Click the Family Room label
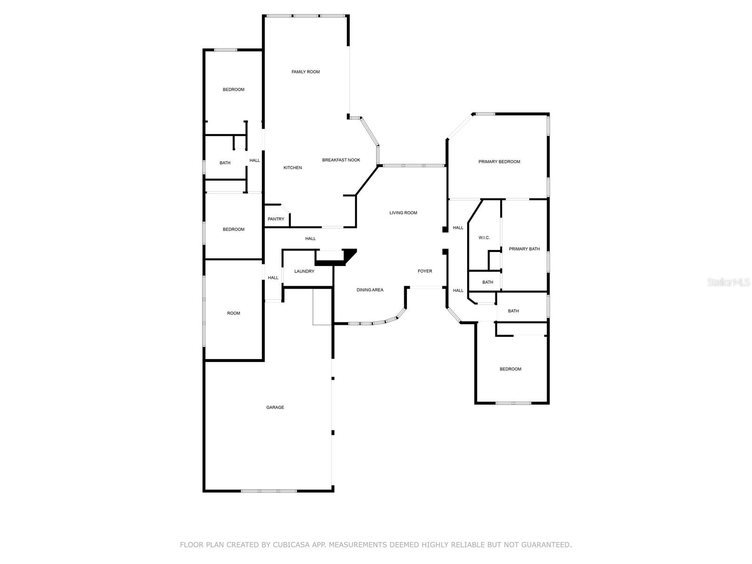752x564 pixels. click(x=305, y=72)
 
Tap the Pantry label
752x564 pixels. click(x=276, y=219)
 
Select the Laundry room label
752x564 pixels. click(x=304, y=271)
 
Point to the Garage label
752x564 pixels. click(x=275, y=407)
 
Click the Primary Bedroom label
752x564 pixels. click(x=499, y=162)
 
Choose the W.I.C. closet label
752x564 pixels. click(x=484, y=238)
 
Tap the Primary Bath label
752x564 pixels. click(x=524, y=249)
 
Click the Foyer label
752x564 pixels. click(x=425, y=271)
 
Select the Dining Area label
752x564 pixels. click(x=370, y=290)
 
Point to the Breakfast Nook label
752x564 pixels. click(x=341, y=160)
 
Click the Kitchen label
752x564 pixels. click(x=292, y=168)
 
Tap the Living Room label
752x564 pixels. click(x=403, y=213)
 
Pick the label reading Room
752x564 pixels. click(x=234, y=313)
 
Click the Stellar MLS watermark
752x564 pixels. click(x=729, y=282)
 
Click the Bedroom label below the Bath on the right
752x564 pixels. click(x=510, y=369)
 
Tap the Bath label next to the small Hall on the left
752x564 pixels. click(x=225, y=163)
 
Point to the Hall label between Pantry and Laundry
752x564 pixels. click(x=310, y=239)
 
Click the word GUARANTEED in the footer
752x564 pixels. click(x=544, y=545)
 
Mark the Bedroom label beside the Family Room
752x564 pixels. click(x=234, y=90)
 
